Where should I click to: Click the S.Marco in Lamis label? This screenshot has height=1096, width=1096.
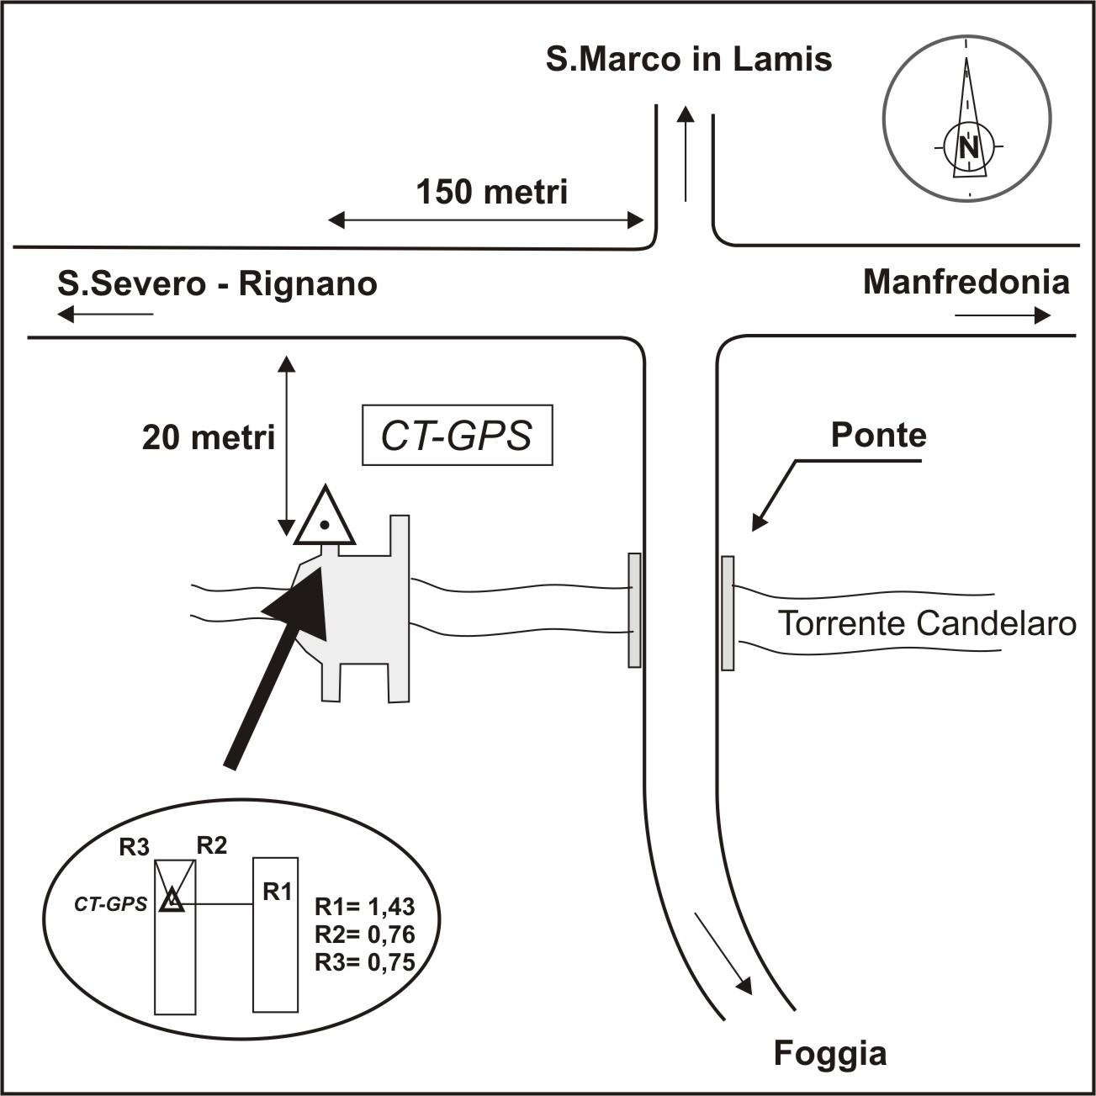click(x=689, y=60)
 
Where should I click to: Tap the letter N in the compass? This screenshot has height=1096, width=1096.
click(x=969, y=148)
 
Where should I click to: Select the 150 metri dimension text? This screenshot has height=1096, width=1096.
click(x=492, y=192)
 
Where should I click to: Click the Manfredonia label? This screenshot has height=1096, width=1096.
click(x=966, y=282)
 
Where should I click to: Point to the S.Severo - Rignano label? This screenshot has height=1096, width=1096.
click(x=217, y=283)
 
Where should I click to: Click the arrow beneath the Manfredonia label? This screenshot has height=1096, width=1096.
click(x=1002, y=315)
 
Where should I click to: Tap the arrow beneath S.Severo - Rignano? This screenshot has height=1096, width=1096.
click(x=105, y=314)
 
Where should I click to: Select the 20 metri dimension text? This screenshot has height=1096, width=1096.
click(x=208, y=438)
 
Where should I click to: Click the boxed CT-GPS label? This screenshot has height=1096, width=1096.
click(x=458, y=435)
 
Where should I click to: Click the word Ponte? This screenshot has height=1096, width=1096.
click(x=879, y=435)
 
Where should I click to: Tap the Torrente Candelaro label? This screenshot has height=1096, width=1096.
click(x=927, y=623)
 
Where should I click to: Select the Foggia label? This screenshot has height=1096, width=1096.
click(x=830, y=1053)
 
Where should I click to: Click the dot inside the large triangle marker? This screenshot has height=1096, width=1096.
click(x=324, y=524)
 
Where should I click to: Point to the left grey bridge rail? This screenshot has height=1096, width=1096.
click(x=634, y=610)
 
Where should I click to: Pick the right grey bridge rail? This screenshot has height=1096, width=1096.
click(x=728, y=612)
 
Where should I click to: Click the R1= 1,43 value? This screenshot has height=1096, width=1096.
click(x=364, y=907)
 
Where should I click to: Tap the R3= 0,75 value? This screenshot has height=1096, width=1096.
click(x=364, y=962)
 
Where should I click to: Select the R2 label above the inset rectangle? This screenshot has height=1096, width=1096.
click(x=212, y=845)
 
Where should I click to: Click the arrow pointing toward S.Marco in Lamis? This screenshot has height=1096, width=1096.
click(x=686, y=153)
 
